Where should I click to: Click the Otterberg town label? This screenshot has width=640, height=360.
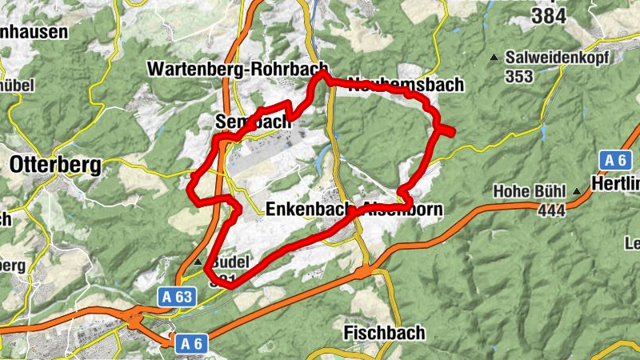(55, 166)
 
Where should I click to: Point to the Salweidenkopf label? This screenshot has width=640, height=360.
(556, 58)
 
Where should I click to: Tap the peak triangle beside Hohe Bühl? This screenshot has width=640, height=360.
(577, 191)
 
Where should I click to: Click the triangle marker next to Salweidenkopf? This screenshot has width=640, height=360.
(494, 58)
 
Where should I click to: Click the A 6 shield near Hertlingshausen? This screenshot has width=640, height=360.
(614, 160)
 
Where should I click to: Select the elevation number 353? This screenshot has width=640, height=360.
(520, 77)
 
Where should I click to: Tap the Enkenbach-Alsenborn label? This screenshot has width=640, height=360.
(353, 210)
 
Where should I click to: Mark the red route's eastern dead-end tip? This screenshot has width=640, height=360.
(453, 133)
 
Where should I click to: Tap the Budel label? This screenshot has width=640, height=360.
(232, 262)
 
